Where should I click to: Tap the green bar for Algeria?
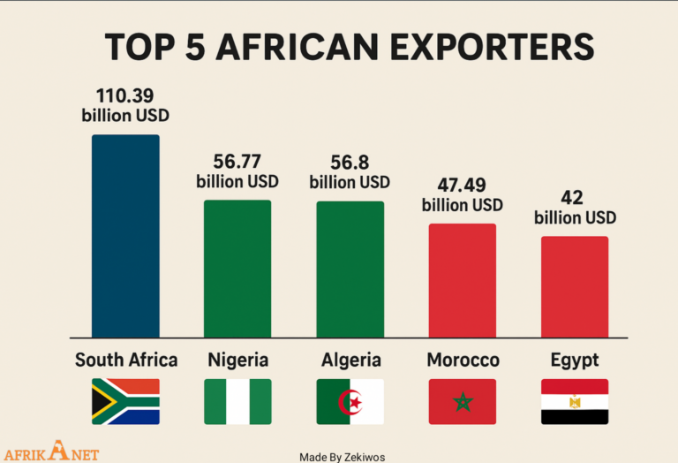click(350, 269)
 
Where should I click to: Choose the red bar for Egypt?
click(575, 286)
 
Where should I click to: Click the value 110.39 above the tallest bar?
click(125, 95)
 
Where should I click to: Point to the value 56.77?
click(237, 162)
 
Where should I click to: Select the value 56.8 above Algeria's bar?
click(350, 162)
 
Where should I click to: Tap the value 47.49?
click(462, 185)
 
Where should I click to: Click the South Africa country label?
click(126, 360)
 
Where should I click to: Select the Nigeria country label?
click(238, 360)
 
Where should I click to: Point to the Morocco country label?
click(463, 360)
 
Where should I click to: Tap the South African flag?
click(125, 401)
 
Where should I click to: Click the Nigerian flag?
click(237, 401)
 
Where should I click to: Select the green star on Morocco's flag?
click(463, 402)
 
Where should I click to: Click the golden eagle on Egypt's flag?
click(575, 402)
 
